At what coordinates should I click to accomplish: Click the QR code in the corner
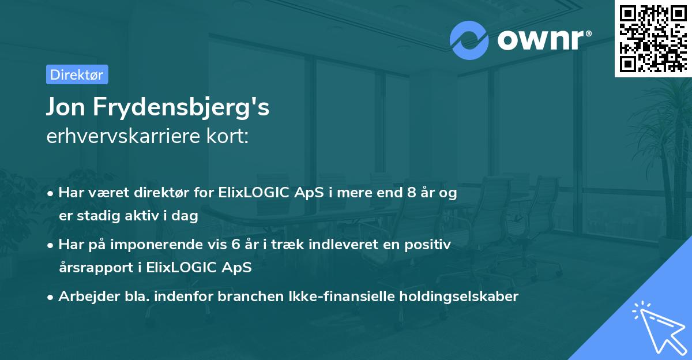pos(653,38)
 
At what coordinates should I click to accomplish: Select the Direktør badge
pos(77,74)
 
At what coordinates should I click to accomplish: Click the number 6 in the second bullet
pos(238,245)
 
